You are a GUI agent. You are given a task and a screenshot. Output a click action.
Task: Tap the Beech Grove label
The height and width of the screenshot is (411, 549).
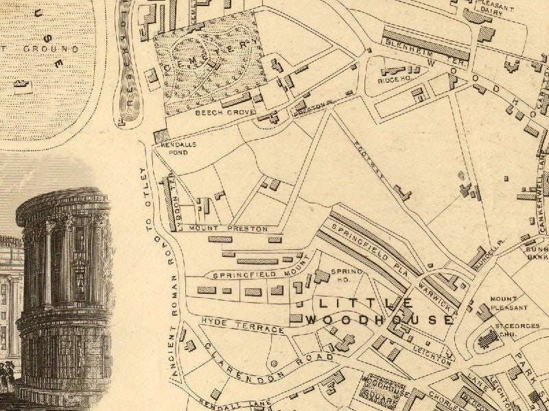pyautogui.click(x=216, y=112)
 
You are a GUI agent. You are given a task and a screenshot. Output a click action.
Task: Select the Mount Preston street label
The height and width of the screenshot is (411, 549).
pyautogui.click(x=229, y=229)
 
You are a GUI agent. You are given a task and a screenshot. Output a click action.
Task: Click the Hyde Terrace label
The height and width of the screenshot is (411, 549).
pyautogui.click(x=242, y=325)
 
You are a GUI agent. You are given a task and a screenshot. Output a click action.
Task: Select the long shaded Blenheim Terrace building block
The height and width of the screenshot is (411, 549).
pyautogui.click(x=425, y=44)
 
